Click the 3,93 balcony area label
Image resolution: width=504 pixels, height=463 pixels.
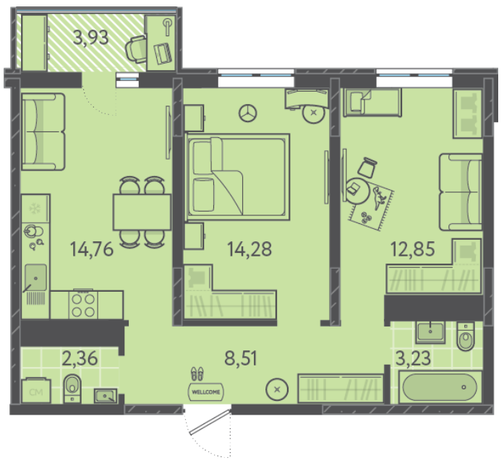(x=90, y=38)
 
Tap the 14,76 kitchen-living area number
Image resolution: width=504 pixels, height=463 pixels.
(x=92, y=249)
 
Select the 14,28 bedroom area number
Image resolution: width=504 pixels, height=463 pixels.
(x=249, y=249)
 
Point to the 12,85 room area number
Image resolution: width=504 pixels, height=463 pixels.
(x=413, y=249)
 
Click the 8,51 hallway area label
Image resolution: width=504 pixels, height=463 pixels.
(x=241, y=358)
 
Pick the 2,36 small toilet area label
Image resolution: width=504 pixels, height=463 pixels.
(x=80, y=358)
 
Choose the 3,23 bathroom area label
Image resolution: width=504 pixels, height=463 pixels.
(x=413, y=358)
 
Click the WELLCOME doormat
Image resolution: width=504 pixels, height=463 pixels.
(x=206, y=392)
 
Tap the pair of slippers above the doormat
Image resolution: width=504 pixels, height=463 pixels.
(x=197, y=374)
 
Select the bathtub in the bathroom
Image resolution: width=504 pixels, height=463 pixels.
(x=440, y=387)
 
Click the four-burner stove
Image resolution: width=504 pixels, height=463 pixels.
(x=83, y=305)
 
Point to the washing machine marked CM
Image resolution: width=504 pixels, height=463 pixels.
(x=36, y=391)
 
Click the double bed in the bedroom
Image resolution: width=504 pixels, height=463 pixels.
(x=238, y=177)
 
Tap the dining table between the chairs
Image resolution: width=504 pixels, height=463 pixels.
(x=142, y=212)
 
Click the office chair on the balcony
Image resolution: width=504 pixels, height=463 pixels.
(x=136, y=49)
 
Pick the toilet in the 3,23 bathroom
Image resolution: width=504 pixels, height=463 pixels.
(x=466, y=336)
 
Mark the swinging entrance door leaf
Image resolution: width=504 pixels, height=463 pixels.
(x=210, y=422)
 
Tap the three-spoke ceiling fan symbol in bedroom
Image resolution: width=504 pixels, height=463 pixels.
(x=248, y=113)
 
